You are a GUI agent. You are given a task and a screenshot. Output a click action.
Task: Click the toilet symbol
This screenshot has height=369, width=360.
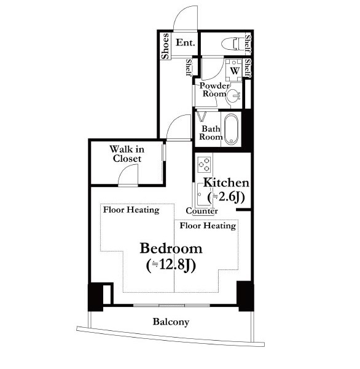click(231, 44)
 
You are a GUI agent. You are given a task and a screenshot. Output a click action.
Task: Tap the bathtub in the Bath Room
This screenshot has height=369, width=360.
click(231, 129)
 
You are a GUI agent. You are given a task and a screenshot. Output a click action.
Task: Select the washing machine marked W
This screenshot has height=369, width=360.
click(234, 70)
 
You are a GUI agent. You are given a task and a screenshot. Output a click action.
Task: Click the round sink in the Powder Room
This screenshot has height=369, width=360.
click(233, 97)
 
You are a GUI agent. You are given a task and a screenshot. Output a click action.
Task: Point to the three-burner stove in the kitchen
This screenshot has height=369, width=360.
click(203, 164)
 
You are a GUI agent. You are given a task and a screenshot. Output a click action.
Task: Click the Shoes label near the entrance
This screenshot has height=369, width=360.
click(165, 46)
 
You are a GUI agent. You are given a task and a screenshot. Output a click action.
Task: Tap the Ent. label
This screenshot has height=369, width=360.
click(186, 43)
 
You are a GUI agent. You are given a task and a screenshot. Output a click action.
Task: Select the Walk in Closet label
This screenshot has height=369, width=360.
click(127, 154)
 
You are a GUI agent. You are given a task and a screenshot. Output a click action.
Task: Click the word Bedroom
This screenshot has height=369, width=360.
click(171, 248)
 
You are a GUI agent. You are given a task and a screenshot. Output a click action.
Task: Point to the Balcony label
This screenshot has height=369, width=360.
click(171, 322)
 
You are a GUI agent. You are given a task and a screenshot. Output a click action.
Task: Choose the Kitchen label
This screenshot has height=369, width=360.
click(226, 183)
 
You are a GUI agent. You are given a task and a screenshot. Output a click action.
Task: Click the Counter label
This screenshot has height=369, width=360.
click(202, 211)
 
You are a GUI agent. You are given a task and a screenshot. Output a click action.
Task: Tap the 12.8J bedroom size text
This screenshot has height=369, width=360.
click(171, 266)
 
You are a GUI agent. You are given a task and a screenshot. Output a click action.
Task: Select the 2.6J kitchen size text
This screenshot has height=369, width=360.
click(226, 197)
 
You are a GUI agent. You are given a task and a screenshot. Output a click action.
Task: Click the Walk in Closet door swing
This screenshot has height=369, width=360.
click(128, 175)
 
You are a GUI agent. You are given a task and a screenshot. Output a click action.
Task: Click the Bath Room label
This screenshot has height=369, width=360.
click(211, 133)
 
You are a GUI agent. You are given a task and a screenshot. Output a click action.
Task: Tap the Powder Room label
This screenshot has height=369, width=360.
click(214, 90)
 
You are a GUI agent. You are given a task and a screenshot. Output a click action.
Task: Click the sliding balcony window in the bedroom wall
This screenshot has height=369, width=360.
click(171, 306)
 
